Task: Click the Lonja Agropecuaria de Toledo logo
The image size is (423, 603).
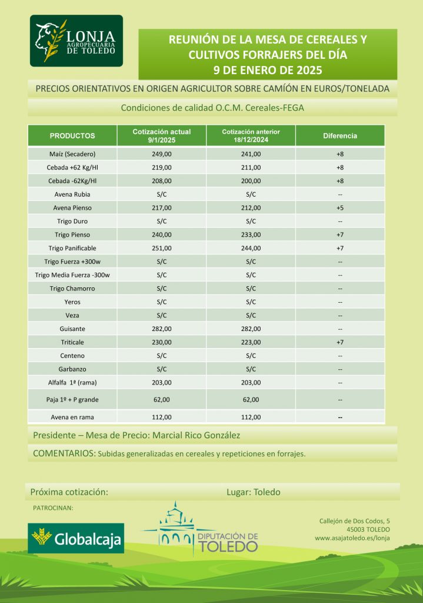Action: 76,41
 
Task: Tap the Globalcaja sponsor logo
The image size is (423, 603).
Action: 76,538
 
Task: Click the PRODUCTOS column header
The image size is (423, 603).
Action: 72,136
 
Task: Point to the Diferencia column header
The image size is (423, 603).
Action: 340,136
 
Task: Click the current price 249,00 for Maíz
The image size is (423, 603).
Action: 162,154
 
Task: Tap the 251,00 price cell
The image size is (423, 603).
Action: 162,249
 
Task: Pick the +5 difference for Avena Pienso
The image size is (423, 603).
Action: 340,208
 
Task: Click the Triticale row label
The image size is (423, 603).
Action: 73,342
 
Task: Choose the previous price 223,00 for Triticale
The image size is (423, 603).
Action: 251,342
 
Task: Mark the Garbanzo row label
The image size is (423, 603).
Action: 73,369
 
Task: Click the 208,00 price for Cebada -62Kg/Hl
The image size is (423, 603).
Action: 162,181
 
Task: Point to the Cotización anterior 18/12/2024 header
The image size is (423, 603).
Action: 251,135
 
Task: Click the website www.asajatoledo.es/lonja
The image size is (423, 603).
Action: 352,538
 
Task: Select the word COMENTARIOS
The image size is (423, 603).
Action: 64,453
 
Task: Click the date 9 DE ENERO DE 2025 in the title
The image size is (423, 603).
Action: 268,70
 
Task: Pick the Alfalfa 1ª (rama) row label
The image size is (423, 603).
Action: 72,383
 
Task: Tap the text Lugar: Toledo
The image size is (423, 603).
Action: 254,492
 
